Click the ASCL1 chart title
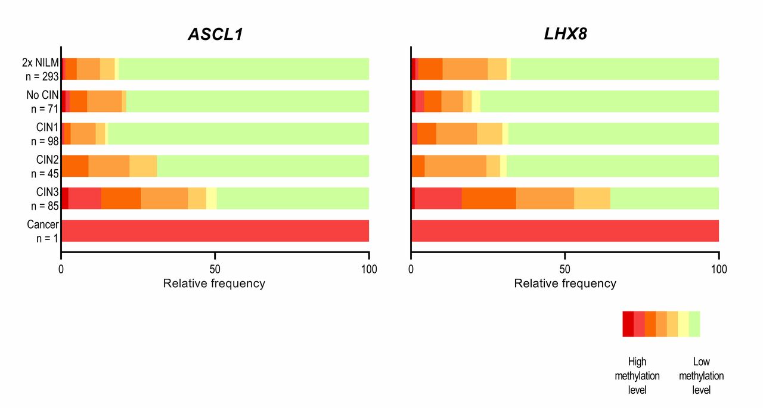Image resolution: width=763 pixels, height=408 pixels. tap(215, 35)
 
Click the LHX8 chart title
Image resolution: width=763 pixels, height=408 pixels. tap(565, 34)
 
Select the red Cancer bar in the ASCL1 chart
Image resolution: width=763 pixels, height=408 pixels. tap(215, 231)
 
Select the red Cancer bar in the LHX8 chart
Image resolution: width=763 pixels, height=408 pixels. tap(565, 231)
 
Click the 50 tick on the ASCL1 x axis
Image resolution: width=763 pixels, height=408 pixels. tap(215, 269)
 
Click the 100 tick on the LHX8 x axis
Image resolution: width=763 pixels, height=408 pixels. tap(719, 269)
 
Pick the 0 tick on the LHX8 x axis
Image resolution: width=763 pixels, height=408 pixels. tap(411, 269)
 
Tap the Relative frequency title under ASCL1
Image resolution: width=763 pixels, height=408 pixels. tap(214, 284)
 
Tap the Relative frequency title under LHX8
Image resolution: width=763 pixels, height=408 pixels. tap(565, 284)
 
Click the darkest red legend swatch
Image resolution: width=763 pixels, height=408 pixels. tap(628, 324)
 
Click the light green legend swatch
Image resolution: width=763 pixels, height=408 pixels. tap(694, 324)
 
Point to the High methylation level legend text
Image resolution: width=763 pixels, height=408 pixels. tap(637, 376)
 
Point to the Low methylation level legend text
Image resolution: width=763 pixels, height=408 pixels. tap(701, 376)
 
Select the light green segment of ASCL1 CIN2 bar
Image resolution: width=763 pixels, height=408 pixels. tap(263, 166)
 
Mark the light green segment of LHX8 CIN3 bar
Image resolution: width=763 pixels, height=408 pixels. tap(665, 198)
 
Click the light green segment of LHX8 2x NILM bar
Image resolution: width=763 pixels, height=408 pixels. tap(615, 69)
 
